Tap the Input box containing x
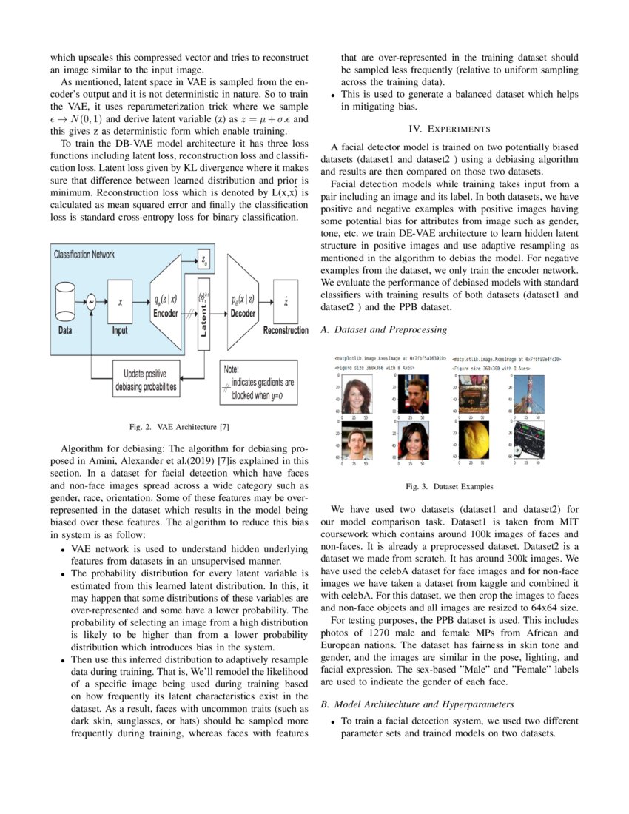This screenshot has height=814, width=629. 120,302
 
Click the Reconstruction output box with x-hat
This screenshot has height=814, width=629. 286,302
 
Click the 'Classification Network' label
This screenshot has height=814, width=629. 84,255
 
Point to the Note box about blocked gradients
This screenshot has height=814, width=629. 258,382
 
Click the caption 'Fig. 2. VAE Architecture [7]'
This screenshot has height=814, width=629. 180,426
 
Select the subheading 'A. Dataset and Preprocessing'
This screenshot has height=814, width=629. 383,328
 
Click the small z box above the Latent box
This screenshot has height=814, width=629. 204,259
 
